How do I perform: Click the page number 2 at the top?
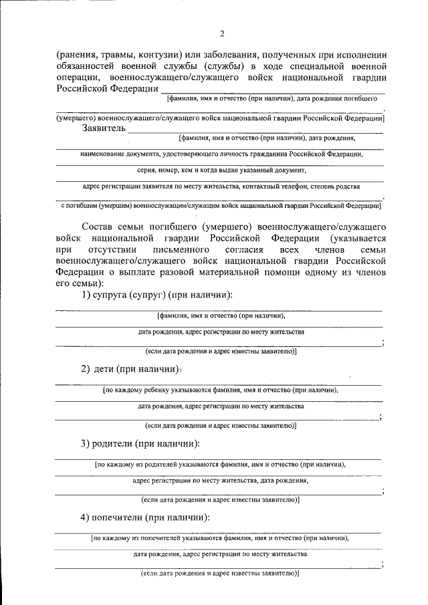point(221,33)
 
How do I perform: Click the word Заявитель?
point(103,128)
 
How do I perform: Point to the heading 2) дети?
point(131,368)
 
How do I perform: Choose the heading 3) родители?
point(140,443)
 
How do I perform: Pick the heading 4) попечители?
point(146,517)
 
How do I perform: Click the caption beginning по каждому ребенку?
point(221,390)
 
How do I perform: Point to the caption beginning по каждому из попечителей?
point(221,537)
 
